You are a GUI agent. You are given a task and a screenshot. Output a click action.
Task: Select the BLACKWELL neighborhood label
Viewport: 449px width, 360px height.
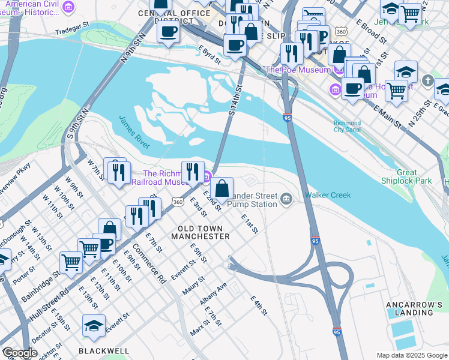click(x=104, y=350)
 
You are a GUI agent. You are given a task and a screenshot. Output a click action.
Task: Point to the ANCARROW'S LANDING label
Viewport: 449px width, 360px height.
click(x=416, y=309)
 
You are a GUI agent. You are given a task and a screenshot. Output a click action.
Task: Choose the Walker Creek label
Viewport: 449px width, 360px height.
click(x=327, y=195)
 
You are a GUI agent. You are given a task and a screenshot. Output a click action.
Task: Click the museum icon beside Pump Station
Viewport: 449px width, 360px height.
click(x=286, y=199)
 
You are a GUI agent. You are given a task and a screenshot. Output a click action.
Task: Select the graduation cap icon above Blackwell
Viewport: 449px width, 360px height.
click(x=94, y=326)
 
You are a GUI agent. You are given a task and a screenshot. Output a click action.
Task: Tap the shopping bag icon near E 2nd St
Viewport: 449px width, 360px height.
click(x=221, y=188)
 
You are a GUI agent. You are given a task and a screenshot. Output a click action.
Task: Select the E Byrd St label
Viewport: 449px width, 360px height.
click(x=209, y=55)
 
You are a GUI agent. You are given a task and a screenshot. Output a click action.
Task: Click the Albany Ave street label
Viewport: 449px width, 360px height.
click(x=214, y=292)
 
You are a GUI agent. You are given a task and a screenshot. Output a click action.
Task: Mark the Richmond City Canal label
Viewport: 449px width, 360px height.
click(x=348, y=127)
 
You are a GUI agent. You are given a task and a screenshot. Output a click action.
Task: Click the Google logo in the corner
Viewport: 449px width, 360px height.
click(x=20, y=353)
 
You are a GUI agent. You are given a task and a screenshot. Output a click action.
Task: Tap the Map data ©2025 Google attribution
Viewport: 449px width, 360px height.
click(x=412, y=355)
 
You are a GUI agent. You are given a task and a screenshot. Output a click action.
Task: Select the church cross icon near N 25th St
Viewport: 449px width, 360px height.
click(x=427, y=80)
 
